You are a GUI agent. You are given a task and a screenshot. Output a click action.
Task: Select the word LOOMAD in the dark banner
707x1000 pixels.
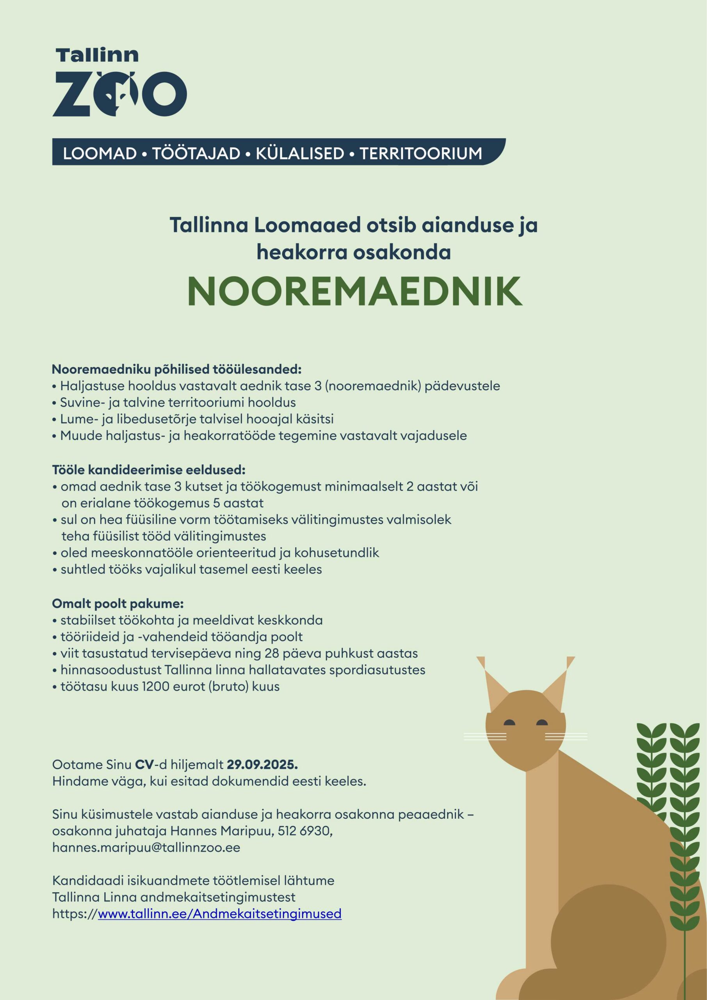coord(100,153)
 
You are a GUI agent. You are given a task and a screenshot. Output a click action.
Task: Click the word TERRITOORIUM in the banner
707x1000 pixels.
coord(420,153)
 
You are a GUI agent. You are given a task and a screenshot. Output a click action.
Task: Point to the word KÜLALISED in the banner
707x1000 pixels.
coord(300,153)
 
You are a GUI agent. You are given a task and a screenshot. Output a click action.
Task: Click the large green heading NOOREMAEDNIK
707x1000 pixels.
coord(354,291)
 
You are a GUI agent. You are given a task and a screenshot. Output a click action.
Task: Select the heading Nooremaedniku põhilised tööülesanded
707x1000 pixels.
coord(177,370)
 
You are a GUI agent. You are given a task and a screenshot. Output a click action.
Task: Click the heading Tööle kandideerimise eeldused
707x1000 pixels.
coord(149,470)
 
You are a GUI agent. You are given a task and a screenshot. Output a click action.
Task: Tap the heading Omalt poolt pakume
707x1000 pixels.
coord(118,603)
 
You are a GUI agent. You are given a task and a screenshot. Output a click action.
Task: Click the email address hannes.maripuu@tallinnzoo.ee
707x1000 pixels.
coord(146,847)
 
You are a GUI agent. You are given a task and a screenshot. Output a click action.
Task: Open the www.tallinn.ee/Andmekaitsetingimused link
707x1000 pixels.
coord(219,913)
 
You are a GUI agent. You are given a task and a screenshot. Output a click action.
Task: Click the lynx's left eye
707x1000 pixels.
coord(509,723)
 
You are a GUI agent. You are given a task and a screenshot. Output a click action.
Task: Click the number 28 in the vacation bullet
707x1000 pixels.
coord(272,653)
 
